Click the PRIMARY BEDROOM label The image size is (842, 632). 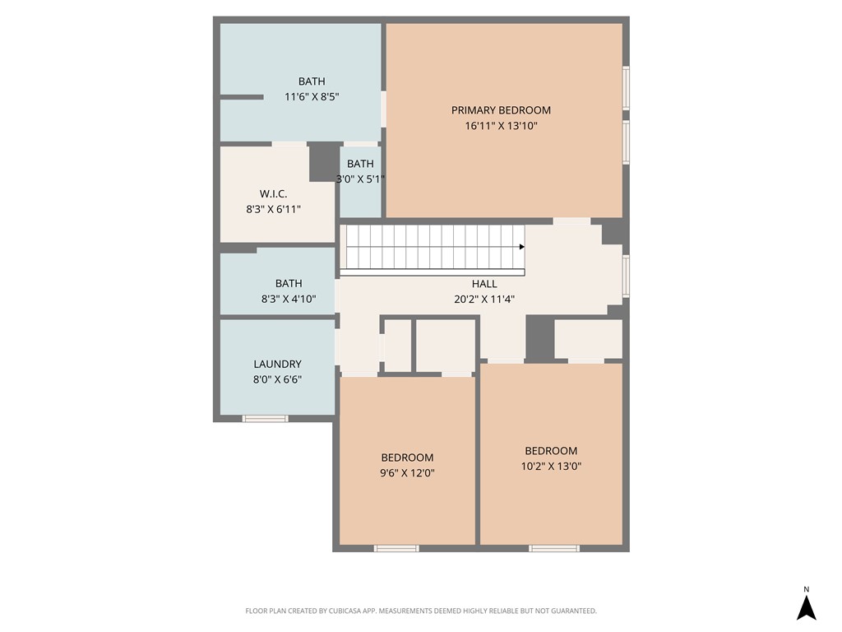[501, 110]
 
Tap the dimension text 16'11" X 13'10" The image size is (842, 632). [501, 126]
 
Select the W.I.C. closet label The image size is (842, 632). [273, 193]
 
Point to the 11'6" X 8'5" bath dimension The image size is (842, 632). [312, 96]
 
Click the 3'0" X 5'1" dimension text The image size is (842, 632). [360, 179]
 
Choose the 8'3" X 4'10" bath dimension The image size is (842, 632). [288, 300]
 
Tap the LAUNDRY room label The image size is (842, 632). [277, 364]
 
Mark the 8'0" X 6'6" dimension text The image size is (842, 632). [277, 379]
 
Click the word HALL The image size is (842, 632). [484, 284]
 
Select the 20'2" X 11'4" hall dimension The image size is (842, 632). [484, 300]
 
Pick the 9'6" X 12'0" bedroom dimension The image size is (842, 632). [407, 473]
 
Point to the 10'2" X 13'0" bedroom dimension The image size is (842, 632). [551, 466]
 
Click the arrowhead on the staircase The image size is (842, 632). [522, 246]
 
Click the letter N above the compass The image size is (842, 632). [807, 589]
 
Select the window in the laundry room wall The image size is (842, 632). [266, 419]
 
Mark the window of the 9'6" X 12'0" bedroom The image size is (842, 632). [396, 548]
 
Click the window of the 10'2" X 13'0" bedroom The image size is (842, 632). [554, 548]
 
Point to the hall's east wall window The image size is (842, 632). [626, 276]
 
